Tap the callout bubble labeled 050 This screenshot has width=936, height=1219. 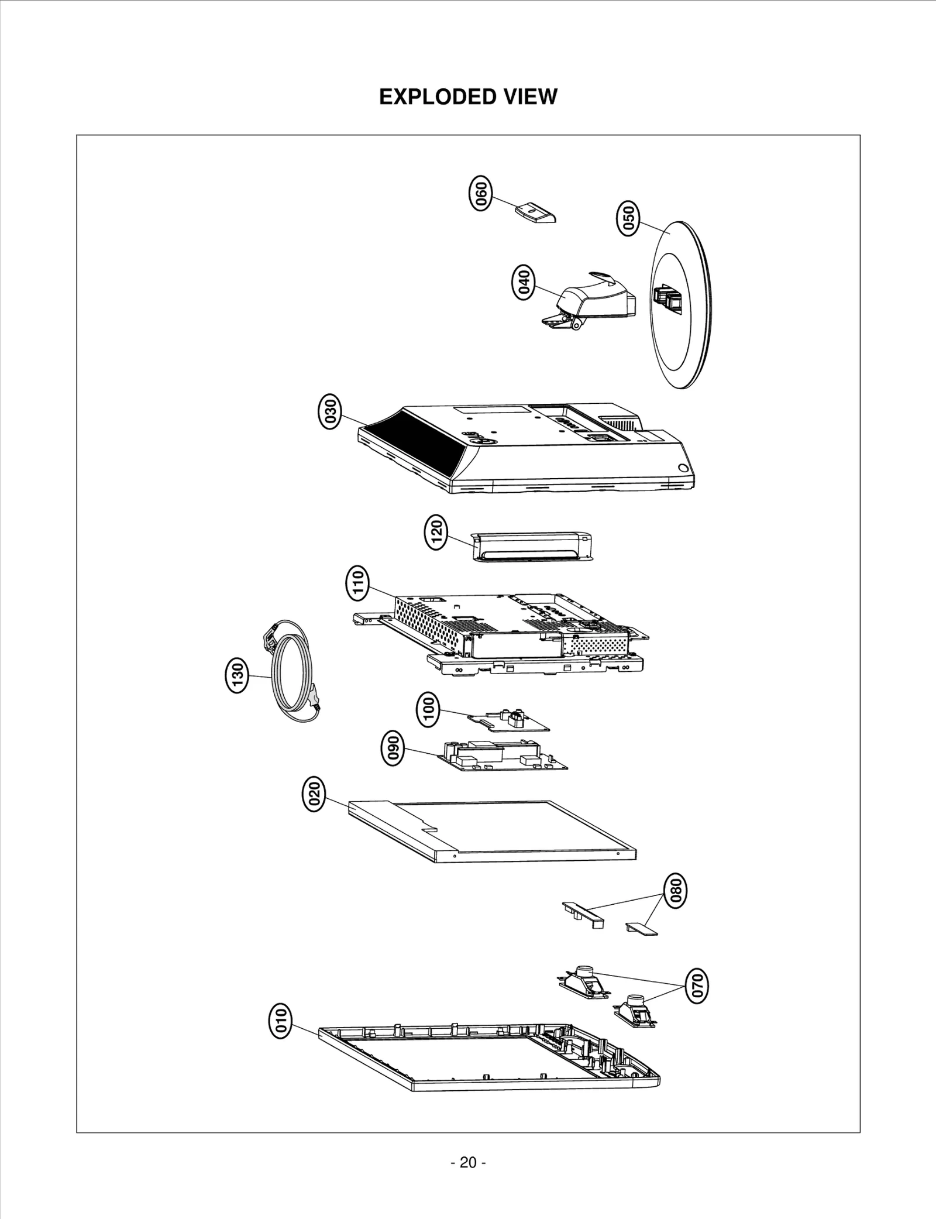click(x=628, y=218)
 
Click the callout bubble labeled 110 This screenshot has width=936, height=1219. click(x=358, y=583)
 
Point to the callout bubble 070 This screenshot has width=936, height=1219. click(x=697, y=986)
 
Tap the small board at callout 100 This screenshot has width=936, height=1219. click(x=508, y=721)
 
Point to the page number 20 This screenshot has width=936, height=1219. click(x=468, y=1163)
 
